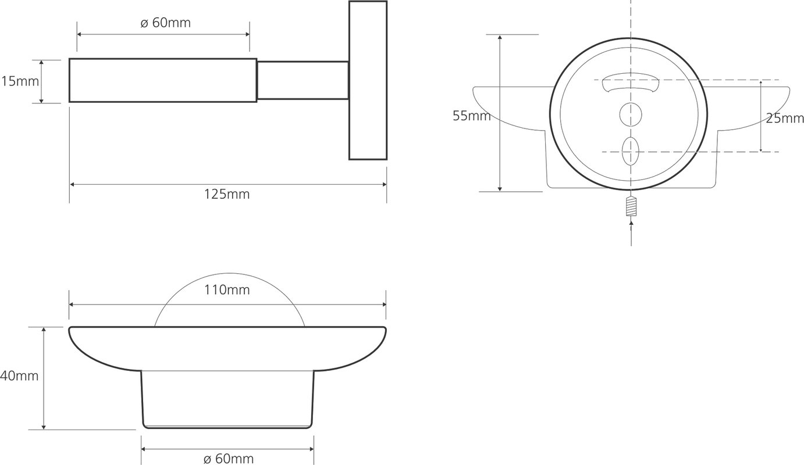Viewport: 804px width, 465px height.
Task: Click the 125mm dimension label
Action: click(227, 194)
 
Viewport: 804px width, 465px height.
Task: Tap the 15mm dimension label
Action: click(20, 81)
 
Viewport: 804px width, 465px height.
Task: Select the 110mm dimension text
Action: click(227, 289)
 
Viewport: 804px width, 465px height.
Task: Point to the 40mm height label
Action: click(19, 375)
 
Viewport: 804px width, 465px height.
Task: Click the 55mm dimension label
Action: click(471, 116)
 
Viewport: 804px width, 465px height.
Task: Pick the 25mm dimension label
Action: click(785, 118)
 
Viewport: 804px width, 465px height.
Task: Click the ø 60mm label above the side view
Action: click(165, 23)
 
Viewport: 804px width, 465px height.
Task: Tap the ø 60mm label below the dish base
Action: click(228, 459)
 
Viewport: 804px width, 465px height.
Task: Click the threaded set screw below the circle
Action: click(631, 208)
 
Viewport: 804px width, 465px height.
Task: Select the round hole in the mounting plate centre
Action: click(631, 115)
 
